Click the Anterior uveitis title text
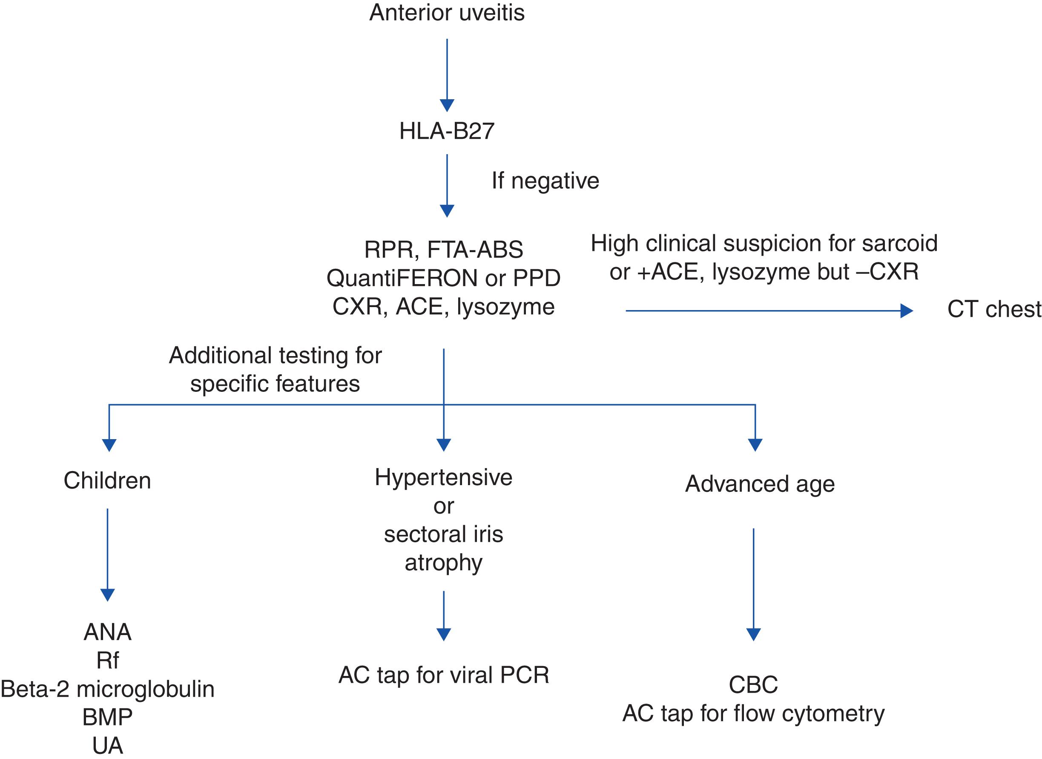point(447,13)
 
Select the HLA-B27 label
point(447,132)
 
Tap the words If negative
point(545,181)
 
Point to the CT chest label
point(994,309)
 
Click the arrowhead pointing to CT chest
point(906,311)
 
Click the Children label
point(107,480)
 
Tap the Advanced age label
point(759,484)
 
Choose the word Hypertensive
point(443,477)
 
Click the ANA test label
point(107,632)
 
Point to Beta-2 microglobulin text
point(107,689)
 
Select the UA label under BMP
point(107,746)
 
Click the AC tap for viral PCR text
point(443,675)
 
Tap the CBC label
point(753,685)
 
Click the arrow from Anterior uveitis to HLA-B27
point(447,74)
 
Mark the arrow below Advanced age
point(753,584)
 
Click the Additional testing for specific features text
point(275,369)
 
